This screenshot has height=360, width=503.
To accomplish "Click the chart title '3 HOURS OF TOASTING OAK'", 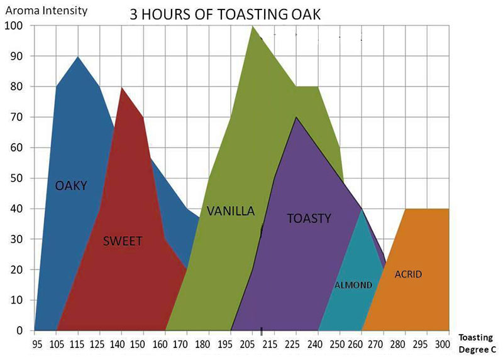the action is coord(225,14).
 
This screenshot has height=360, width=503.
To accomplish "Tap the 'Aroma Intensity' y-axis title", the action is coord(47,11).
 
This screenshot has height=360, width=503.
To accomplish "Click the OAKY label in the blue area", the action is coord(71,185).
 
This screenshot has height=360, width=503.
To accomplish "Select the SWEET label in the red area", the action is coord(123,241).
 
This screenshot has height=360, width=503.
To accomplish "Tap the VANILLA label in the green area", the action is coord(231,211).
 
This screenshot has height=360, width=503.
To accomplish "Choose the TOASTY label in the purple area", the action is coord(309,218).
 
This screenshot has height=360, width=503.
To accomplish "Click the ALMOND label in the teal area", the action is coord(353,285).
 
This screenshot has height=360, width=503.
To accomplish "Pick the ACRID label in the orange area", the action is coord(408,275).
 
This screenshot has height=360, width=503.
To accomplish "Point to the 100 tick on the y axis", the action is coord(13,26).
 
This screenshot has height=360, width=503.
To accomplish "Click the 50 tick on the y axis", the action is coord(16,178).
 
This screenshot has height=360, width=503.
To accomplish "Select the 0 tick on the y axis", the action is coord(19,330).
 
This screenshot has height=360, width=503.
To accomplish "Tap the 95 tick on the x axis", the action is coord(37,345).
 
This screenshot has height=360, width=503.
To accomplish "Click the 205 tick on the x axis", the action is coord(246,345).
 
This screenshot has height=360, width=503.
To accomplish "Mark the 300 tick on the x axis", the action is coord(443,345).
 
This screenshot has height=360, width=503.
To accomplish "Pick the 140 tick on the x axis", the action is coord(117,345).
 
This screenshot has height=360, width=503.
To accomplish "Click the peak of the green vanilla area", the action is coord(253,26).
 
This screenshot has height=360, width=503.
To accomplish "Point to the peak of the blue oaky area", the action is coord(77,57).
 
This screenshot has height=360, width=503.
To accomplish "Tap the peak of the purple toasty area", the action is coord(296,117).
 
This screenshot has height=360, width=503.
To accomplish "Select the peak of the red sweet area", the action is coord(121,87).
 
